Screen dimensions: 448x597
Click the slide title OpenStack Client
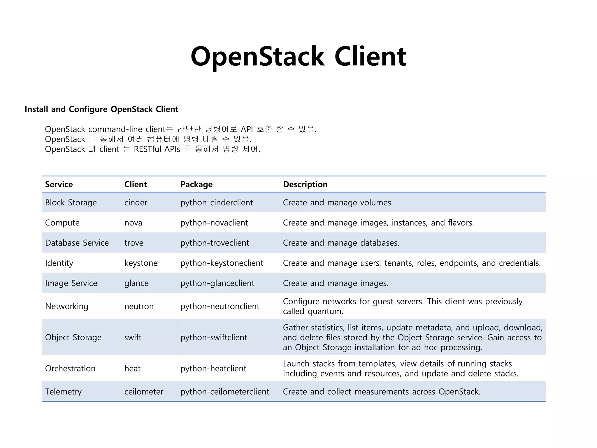pos(298,56)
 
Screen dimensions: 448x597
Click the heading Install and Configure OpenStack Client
pos(101,109)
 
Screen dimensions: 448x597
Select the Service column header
pos(59,184)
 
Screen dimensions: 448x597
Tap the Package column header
pos(196,184)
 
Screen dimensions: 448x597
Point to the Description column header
pos(305,184)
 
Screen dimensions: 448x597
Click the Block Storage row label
pos(71,202)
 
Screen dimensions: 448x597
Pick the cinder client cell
pos(136,202)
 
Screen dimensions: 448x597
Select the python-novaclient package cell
pos(214,223)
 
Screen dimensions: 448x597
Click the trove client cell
pos(134,243)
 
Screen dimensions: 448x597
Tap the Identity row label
pos(59,263)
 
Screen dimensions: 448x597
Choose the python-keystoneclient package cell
pos(222,263)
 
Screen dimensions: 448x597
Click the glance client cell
pos(136,283)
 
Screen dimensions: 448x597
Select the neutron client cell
pos(139,306)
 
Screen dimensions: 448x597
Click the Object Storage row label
pos(73,337)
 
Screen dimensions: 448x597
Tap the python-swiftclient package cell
pos(213,337)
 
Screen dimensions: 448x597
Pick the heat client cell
pos(132,368)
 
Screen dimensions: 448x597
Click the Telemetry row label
pos(63,391)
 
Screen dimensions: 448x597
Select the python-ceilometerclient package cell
pos(224,391)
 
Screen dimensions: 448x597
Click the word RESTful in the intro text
pos(147,149)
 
